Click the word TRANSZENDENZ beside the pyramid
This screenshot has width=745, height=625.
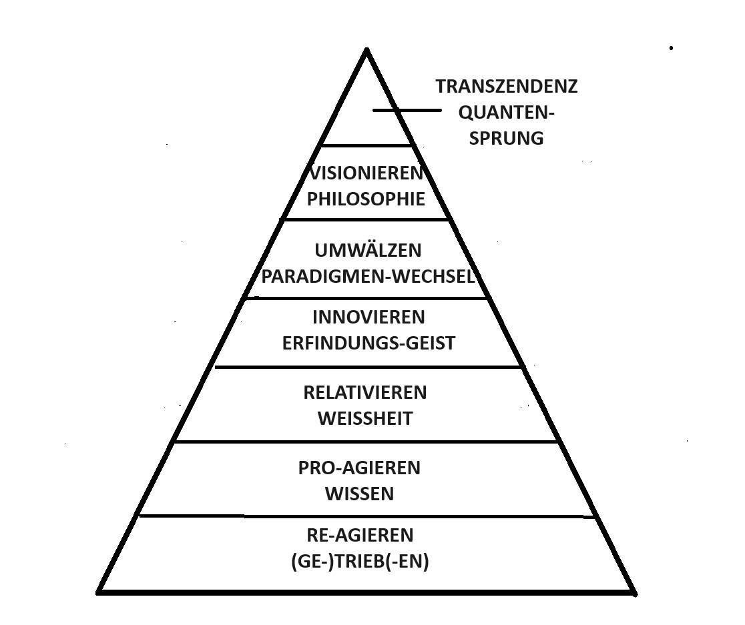[x=507, y=87]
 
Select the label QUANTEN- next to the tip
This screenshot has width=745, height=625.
[x=507, y=113]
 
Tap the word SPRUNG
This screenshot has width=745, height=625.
[x=507, y=139]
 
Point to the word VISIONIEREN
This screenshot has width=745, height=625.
[x=366, y=173]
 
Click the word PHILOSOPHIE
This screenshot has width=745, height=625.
[x=366, y=199]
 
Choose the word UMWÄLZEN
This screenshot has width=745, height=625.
[x=368, y=251]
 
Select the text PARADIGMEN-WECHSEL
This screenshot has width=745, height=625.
[x=368, y=277]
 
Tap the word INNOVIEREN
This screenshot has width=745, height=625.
[x=368, y=318]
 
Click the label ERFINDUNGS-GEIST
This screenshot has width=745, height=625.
[x=368, y=344]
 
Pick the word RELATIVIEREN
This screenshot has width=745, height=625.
[x=365, y=393]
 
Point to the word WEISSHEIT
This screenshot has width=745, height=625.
[x=365, y=419]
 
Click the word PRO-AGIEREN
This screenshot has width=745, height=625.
[x=359, y=468]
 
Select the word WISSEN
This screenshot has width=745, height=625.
[x=360, y=494]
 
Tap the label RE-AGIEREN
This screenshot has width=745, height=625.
[x=360, y=536]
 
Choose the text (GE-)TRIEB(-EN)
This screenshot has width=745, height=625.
[x=360, y=562]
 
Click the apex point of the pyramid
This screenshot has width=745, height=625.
[x=366, y=49]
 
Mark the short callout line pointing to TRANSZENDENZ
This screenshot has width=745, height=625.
[x=407, y=111]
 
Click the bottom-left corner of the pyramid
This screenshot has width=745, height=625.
[x=98, y=592]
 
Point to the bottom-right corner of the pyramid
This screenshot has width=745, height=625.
[x=635, y=592]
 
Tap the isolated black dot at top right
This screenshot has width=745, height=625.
[x=672, y=48]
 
